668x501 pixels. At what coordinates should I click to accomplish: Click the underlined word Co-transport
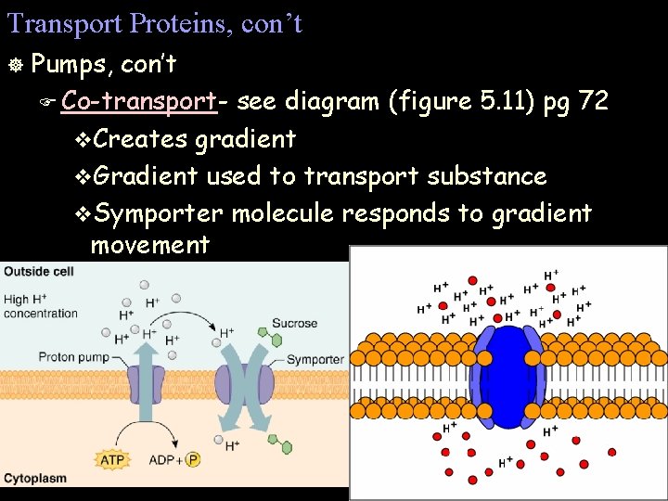(140, 101)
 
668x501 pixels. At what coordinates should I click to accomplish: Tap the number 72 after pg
(593, 101)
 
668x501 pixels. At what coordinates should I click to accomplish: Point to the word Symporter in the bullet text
(159, 214)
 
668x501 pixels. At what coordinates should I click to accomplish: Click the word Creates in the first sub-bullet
(139, 139)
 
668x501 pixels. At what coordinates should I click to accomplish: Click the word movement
(149, 245)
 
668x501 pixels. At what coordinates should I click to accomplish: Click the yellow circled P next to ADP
(193, 459)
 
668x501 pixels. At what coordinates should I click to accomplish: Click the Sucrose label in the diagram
(294, 324)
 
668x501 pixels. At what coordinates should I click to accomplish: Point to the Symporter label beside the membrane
(315, 359)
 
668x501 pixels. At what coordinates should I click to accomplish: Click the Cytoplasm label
(35, 479)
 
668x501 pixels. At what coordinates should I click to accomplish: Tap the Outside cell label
(39, 271)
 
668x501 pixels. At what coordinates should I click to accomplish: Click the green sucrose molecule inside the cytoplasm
(286, 447)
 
